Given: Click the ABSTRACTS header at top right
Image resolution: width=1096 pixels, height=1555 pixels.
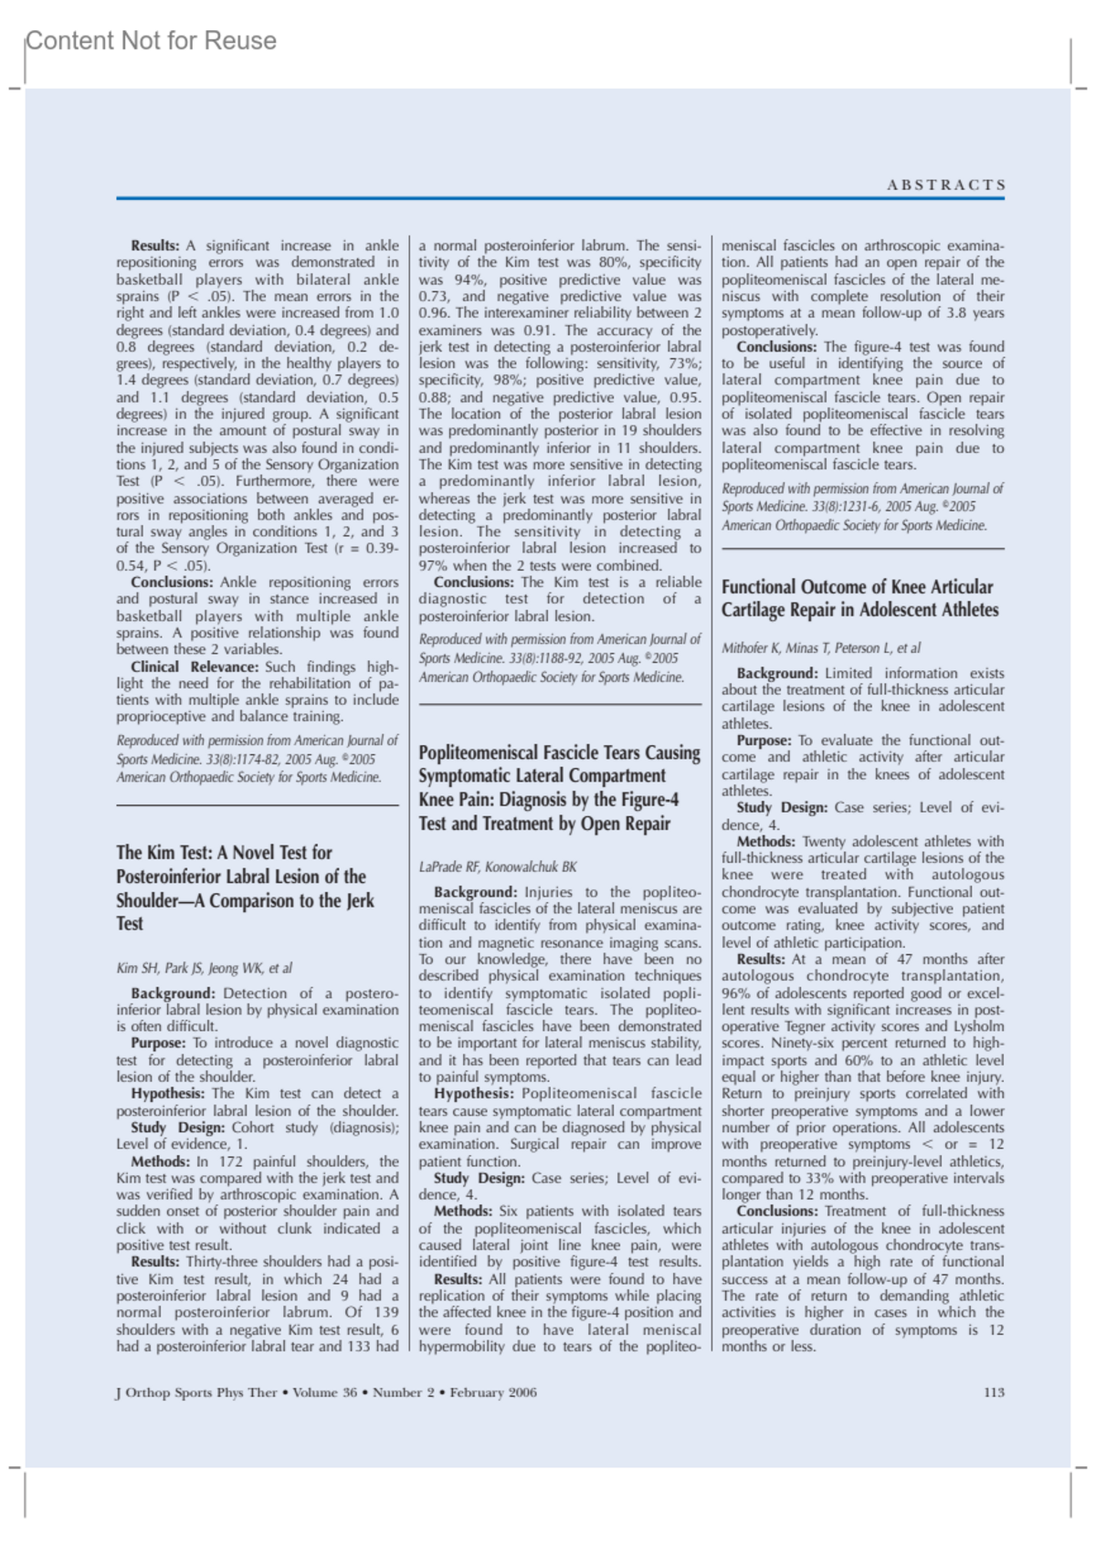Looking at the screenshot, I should coord(945,184).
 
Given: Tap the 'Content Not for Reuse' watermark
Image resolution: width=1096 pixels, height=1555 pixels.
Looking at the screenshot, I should coord(151,41).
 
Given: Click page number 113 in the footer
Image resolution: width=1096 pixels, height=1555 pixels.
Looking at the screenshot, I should coord(994,1392).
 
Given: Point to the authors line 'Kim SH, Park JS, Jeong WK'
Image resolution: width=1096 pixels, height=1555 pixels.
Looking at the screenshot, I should coord(204,968).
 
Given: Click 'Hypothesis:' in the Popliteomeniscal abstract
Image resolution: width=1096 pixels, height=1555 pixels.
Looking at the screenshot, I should coord(473,1093).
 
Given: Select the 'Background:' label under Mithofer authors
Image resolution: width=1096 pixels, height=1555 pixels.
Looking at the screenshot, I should coord(777,673).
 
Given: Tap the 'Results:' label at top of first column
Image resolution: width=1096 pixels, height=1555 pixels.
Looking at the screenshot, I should coord(155,246).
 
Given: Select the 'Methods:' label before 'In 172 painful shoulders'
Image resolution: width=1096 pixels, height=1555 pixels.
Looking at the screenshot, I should coord(161,1161).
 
